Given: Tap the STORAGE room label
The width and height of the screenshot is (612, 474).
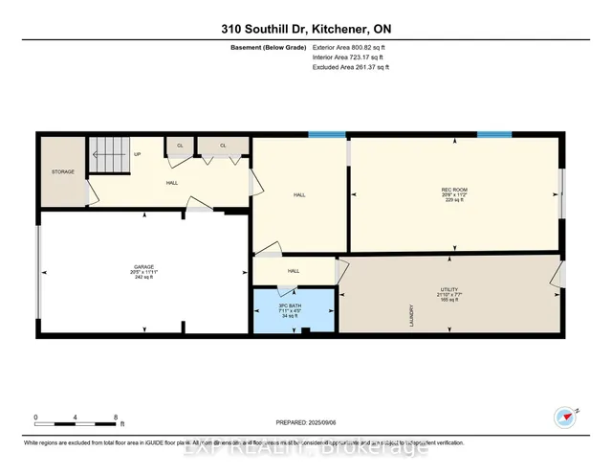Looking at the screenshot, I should click(63, 172).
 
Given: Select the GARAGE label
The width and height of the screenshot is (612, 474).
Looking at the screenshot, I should click(143, 266).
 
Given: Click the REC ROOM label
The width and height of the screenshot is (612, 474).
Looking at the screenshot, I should click(453, 190).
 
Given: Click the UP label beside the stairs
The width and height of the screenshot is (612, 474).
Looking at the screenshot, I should click(137, 154).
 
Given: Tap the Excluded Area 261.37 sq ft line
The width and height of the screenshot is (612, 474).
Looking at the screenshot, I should click(351, 67).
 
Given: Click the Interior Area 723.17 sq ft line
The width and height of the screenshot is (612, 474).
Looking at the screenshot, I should click(351, 57).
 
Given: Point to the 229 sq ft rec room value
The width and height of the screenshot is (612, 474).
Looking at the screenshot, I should click(453, 200).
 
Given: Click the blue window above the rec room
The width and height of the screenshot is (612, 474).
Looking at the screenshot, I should click(494, 134).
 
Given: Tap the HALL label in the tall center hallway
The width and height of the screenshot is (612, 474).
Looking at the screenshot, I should click(298, 194).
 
